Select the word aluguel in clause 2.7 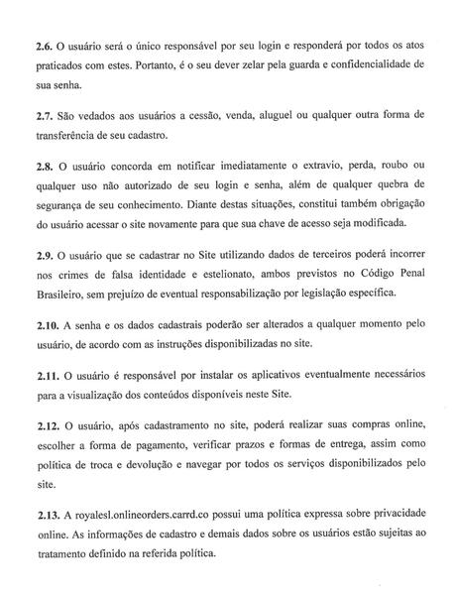click(268, 115)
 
